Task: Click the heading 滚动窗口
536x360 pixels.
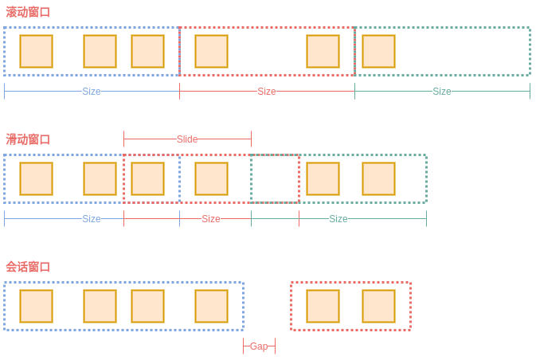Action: [x=28, y=12]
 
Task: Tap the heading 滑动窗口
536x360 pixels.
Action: [x=28, y=139]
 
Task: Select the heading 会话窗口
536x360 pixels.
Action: [x=28, y=267]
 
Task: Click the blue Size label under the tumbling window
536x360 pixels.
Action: [x=92, y=92]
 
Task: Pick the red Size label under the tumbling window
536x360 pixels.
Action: [x=267, y=92]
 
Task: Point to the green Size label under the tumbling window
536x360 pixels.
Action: [x=442, y=92]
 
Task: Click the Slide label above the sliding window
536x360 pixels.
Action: [x=187, y=139]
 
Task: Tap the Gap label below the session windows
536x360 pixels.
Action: [x=259, y=346]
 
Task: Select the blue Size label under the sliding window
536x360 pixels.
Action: [x=92, y=219]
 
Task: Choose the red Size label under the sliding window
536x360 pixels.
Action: [x=211, y=219]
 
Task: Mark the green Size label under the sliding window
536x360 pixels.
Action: [x=338, y=219]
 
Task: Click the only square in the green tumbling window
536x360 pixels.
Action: [x=378, y=52]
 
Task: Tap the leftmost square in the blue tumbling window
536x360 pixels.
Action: [x=37, y=52]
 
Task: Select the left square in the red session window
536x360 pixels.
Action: [x=323, y=307]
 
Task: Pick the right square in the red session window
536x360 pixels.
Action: [x=378, y=307]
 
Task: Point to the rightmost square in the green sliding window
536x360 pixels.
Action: [x=378, y=179]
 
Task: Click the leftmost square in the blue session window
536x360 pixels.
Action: [x=37, y=307]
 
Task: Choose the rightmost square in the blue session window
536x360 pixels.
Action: [x=211, y=307]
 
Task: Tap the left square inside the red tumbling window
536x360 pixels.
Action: [x=211, y=52]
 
